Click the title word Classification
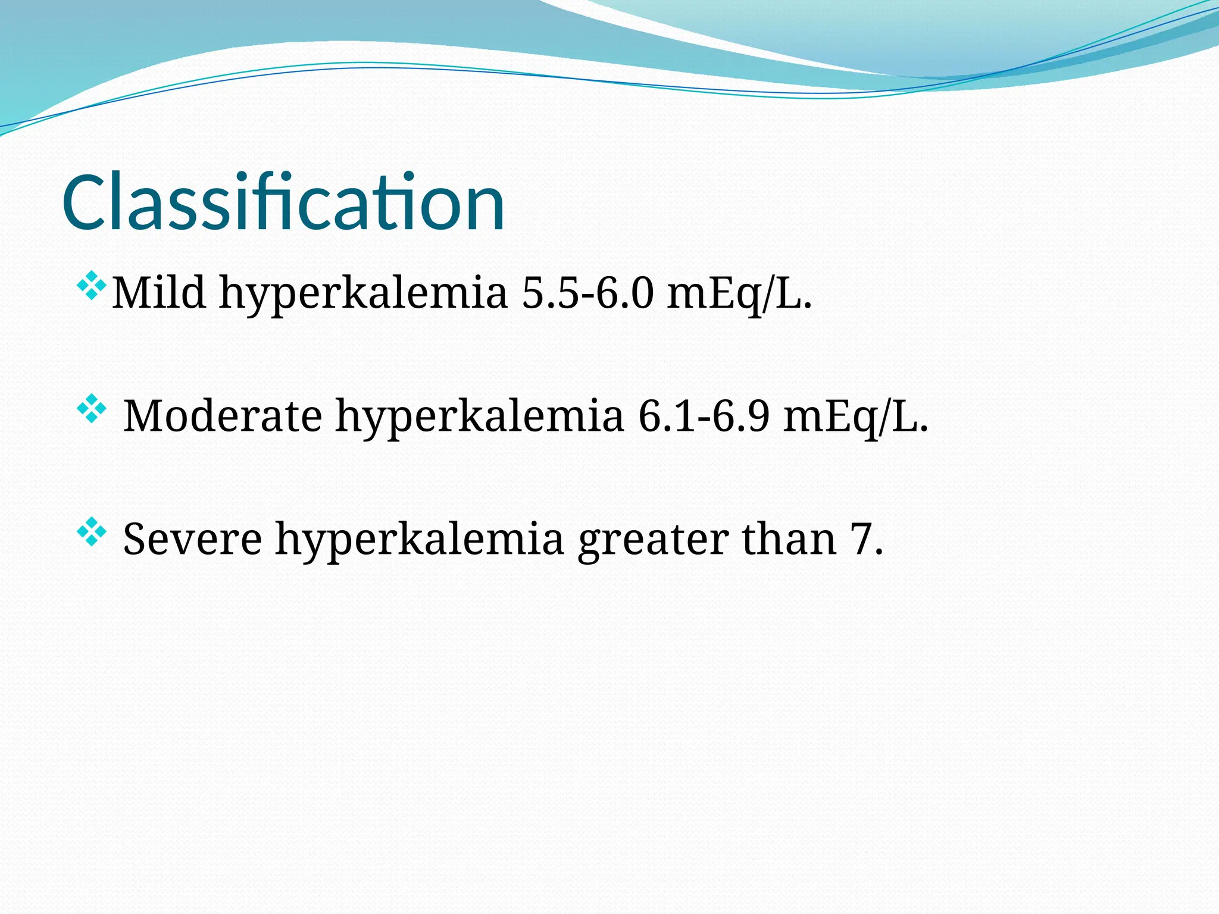tap(283, 202)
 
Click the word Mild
tap(159, 293)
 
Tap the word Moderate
tap(223, 415)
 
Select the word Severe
tap(192, 539)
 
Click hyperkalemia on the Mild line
tap(363, 293)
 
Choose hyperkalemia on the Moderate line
tap(480, 415)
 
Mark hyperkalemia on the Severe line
tap(419, 539)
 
